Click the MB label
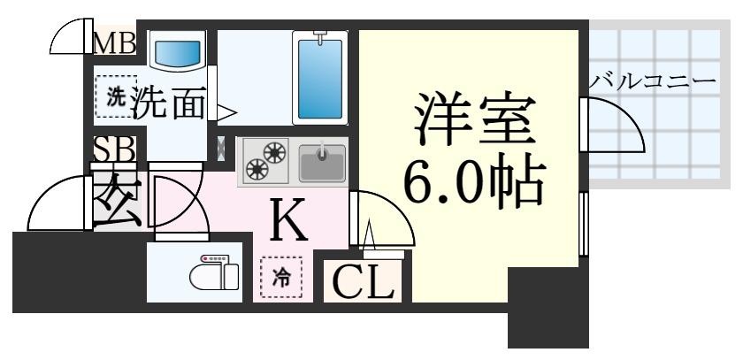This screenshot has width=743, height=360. click(115, 42)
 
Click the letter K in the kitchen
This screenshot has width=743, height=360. click(288, 222)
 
